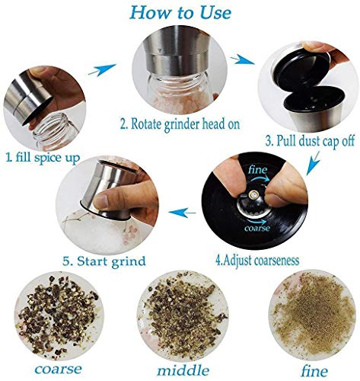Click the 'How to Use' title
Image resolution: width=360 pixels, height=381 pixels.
[180, 11]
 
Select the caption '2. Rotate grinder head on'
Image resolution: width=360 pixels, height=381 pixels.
[180, 124]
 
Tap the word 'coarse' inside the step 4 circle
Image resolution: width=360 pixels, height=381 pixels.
[256, 226]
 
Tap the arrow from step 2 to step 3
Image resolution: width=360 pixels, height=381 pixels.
[247, 59]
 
